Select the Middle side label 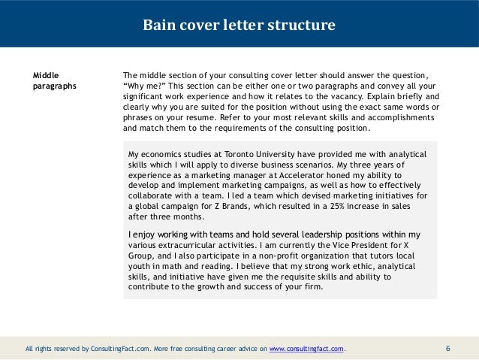[x=47, y=75]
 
